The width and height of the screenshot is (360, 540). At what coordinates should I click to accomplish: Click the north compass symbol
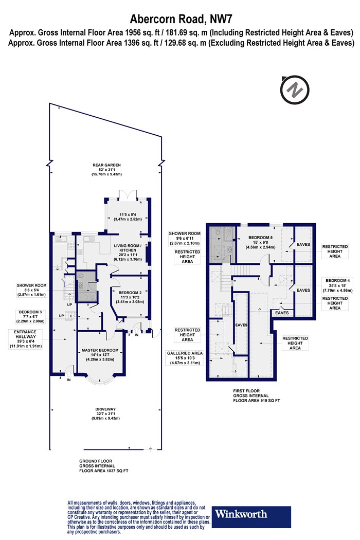coord(295,89)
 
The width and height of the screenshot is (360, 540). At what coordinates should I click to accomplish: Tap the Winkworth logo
coord(251,516)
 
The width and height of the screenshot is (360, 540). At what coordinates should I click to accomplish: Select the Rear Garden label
coord(106,170)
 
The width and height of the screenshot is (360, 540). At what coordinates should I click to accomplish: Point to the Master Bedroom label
coord(100,355)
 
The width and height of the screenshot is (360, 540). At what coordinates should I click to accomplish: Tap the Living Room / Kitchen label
coord(128,253)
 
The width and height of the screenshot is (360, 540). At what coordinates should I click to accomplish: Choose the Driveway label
coord(105,413)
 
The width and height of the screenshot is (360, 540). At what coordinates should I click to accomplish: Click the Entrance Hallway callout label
coord(25,339)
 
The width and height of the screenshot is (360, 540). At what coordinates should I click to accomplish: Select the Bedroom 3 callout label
coord(30,316)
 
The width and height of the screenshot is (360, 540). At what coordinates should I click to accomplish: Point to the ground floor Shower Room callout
coord(31,290)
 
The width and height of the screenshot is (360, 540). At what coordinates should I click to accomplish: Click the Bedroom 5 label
coord(260,242)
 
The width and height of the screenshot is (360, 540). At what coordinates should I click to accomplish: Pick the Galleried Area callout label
coord(185,358)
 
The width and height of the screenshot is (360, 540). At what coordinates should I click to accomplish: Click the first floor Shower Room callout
coord(184,238)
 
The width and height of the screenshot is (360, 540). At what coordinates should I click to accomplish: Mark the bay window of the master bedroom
coord(100,379)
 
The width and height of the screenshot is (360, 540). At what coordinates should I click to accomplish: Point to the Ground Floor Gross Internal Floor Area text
coord(104,465)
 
